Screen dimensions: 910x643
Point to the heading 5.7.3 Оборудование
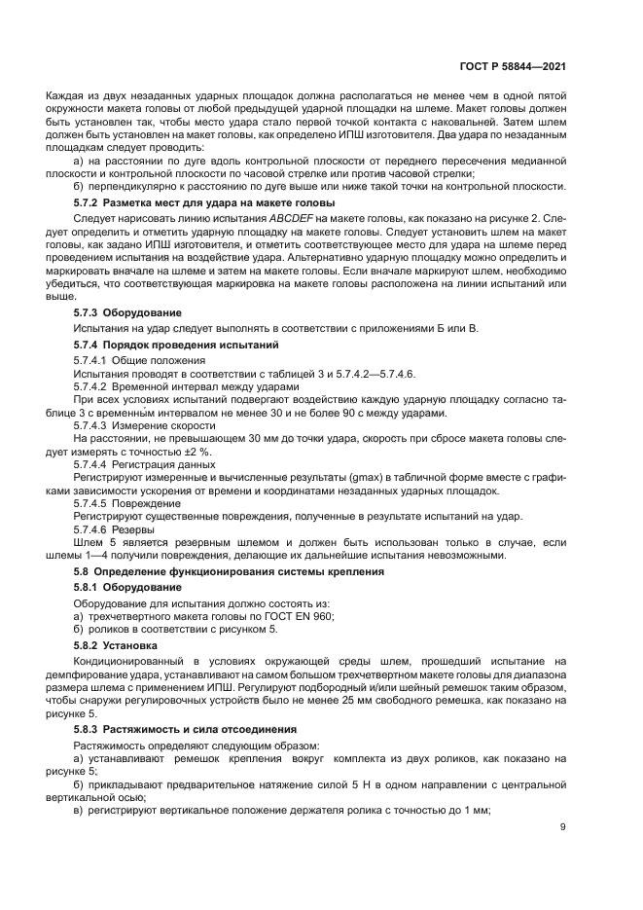[127, 313]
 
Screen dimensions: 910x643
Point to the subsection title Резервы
[147, 529]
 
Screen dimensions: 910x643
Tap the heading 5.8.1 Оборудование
[127, 588]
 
